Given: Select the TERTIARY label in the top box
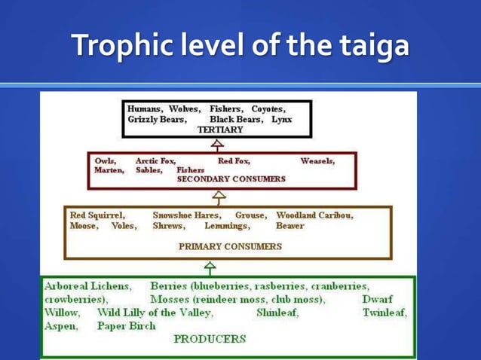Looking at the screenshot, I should click(x=220, y=130).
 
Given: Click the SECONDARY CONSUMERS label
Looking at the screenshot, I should click(x=231, y=179).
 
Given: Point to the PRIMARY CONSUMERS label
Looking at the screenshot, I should click(x=230, y=246).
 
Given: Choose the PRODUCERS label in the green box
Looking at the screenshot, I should click(x=210, y=339).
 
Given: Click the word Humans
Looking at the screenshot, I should click(x=146, y=109).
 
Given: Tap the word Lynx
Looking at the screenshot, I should click(x=281, y=120).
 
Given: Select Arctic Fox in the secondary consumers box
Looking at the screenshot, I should click(x=155, y=160).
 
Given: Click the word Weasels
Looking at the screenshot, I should click(x=317, y=160).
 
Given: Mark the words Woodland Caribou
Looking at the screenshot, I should click(x=314, y=215).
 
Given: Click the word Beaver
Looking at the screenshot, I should click(x=290, y=226).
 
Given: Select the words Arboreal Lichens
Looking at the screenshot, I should click(x=87, y=287).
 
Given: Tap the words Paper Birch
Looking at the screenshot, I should click(x=126, y=326).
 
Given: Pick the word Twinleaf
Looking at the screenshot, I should click(x=384, y=313).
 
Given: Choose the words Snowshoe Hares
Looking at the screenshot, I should click(x=186, y=215).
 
